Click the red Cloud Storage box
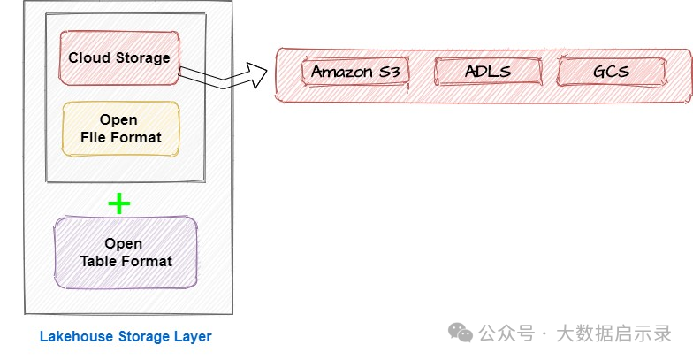pyautogui.click(x=119, y=58)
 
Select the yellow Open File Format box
pyautogui.click(x=120, y=129)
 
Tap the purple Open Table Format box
pyautogui.click(x=126, y=253)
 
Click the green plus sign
pyautogui.click(x=119, y=203)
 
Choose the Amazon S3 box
pyautogui.click(x=355, y=71)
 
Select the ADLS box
pyautogui.click(x=488, y=71)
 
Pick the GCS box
pyautogui.click(x=612, y=71)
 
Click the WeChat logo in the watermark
pyautogui.click(x=461, y=333)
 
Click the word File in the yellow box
pyautogui.click(x=93, y=137)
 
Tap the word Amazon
pyautogui.click(x=343, y=71)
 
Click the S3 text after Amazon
pyautogui.click(x=390, y=71)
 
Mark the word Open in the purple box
pyautogui.click(x=124, y=244)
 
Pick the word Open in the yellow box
pyautogui.click(x=118, y=120)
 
